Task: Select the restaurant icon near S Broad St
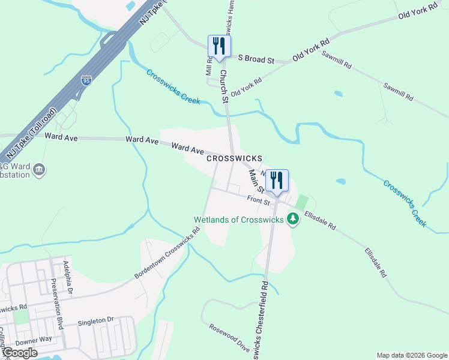click(218, 46)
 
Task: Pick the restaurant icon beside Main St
click(277, 180)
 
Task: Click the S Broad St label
click(256, 60)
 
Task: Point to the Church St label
click(224, 86)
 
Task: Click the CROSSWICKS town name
click(234, 158)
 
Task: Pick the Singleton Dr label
click(95, 322)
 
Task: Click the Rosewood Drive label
click(229, 338)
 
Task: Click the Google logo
click(19, 353)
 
